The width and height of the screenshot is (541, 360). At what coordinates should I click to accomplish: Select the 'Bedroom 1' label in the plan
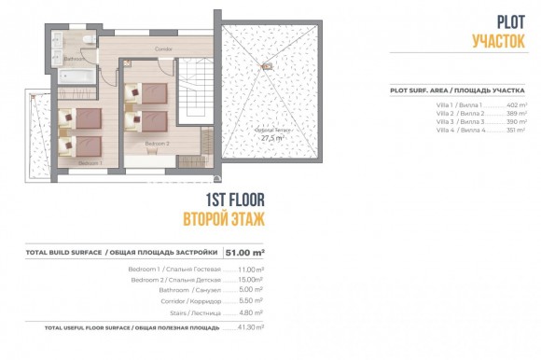(89, 162)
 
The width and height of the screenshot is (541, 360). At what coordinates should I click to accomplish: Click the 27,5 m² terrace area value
(271, 137)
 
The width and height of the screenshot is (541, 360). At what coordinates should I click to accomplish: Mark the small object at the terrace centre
(266, 66)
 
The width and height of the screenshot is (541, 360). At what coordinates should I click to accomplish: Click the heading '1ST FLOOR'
(234, 202)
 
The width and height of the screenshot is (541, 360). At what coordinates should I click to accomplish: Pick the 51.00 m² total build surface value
(246, 252)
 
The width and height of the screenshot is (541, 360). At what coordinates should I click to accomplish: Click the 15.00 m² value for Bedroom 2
(250, 279)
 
